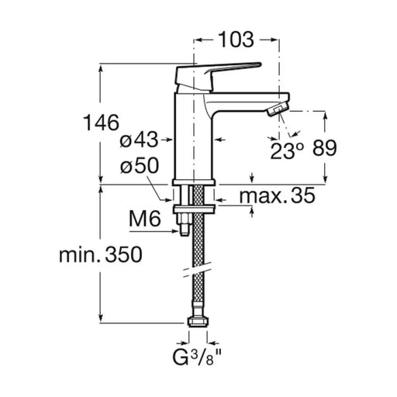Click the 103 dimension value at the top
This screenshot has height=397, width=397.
coord(236,40)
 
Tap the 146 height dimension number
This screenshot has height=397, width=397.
coord(102,123)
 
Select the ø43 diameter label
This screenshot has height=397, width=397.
coord(139,140)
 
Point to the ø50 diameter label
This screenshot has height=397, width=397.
coord(140,166)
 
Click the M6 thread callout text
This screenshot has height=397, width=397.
coord(145,219)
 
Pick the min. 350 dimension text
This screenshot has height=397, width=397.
coord(101,254)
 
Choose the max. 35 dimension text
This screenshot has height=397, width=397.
coord(278,195)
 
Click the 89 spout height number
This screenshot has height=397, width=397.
coord(325,148)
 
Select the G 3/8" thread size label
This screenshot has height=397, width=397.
coord(197,357)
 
